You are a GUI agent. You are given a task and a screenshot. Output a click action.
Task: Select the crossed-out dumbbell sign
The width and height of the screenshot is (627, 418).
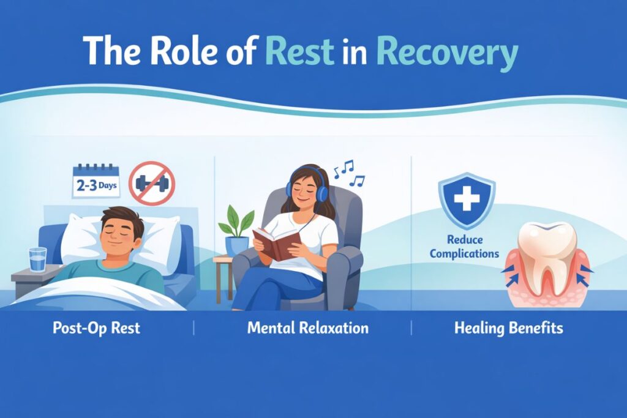pyautogui.click(x=152, y=183)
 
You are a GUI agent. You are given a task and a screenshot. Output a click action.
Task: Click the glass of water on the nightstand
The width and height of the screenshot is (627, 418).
pyautogui.click(x=37, y=259)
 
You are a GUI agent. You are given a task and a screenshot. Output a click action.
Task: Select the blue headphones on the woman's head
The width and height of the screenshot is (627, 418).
pyautogui.click(x=321, y=192)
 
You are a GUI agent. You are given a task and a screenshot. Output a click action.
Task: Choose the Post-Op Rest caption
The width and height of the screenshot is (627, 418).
pyautogui.click(x=96, y=328)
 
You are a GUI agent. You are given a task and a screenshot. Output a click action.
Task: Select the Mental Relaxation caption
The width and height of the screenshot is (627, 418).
pyautogui.click(x=308, y=328)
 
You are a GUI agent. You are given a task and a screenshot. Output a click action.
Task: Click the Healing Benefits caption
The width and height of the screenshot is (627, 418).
pyautogui.click(x=508, y=328)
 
